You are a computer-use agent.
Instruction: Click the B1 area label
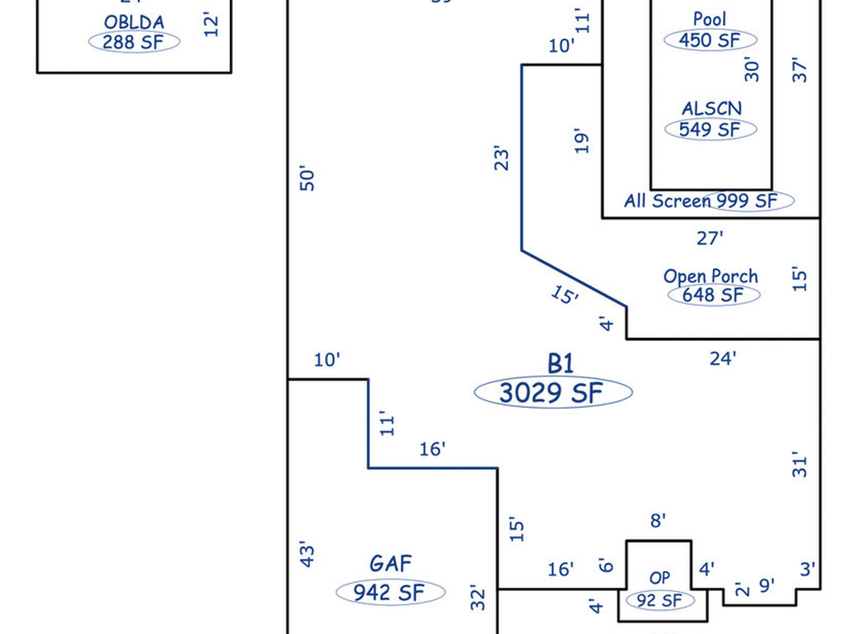(560, 363)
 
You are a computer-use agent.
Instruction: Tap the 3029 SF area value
(553, 393)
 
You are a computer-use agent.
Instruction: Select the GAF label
(390, 564)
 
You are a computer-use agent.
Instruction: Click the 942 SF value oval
(390, 592)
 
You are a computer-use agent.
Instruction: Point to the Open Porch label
(711, 277)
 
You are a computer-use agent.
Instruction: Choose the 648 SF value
(712, 295)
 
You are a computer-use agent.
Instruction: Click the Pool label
(710, 19)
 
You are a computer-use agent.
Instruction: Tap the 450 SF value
(711, 40)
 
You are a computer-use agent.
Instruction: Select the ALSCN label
(711, 108)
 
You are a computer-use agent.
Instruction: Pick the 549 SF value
(711, 129)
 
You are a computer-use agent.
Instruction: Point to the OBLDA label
(134, 22)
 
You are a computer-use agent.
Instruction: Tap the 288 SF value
(134, 42)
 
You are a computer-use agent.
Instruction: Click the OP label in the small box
(659, 579)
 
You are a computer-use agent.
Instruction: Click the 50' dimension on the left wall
(307, 178)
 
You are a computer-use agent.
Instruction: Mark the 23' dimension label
(501, 158)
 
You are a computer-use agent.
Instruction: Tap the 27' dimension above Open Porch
(710, 239)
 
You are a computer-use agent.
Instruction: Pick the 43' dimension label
(307, 553)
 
